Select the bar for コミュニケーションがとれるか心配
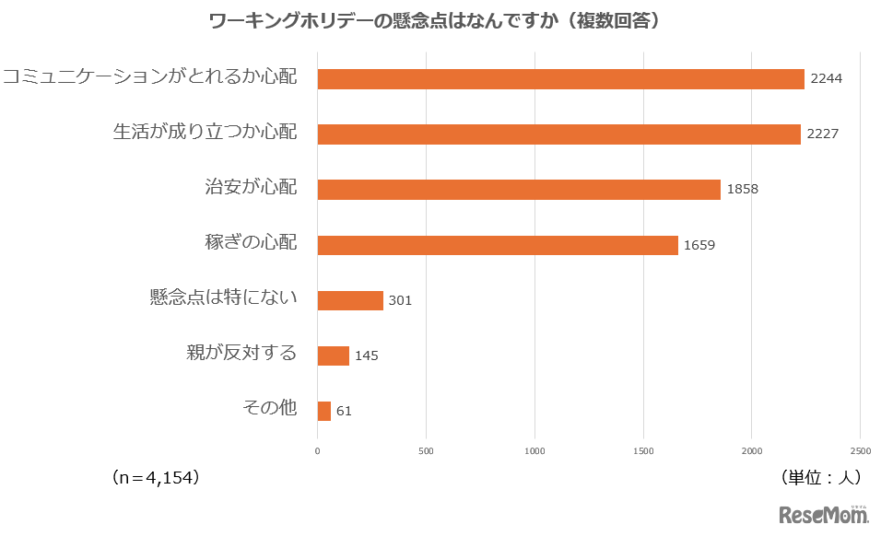pos(560,79)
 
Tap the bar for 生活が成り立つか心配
pos(558,134)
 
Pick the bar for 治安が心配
pos(519,190)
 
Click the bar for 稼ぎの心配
pos(498,245)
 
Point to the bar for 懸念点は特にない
pos(350,300)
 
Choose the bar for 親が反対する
pos(333,355)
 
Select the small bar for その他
pos(323,411)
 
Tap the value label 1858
pos(742,190)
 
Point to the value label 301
pos(400,300)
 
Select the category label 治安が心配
pos(251,187)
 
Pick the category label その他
pos(269,408)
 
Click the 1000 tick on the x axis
pos(534,451)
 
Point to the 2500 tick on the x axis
pos(860,451)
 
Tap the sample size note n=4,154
pos(155,478)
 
